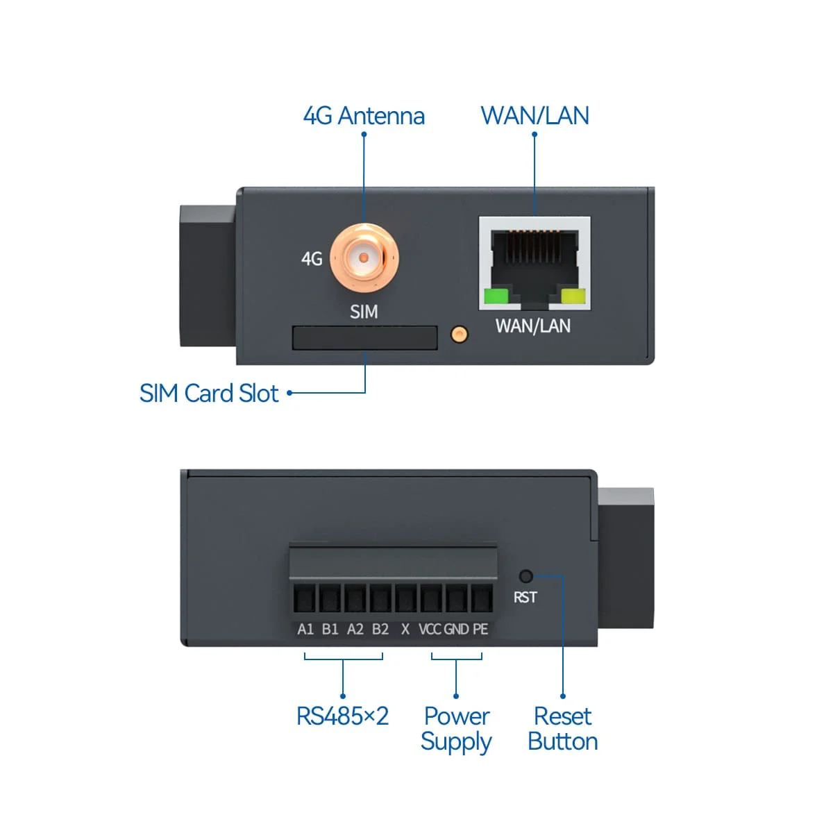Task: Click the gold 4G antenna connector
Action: [364, 258]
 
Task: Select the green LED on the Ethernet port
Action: [496, 296]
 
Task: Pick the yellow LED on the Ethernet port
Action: [573, 296]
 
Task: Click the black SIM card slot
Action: [364, 337]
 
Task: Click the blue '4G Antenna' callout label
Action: [364, 116]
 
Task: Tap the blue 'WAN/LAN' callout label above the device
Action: [535, 116]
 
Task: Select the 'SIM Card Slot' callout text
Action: [209, 394]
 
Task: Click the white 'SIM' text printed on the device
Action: [364, 312]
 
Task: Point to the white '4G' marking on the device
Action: [312, 259]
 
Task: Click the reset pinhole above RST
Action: [525, 576]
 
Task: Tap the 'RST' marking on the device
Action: [525, 597]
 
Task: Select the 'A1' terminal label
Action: [305, 629]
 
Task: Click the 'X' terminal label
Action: [405, 629]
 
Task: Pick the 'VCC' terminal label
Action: [430, 629]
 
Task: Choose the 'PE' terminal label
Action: [480, 629]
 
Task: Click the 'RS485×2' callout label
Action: [342, 716]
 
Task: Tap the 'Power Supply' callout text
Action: [456, 728]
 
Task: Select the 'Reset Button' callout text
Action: [562, 728]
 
